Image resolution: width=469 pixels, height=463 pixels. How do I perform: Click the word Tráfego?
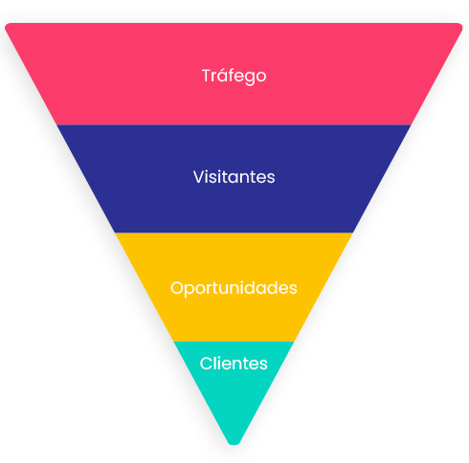234,77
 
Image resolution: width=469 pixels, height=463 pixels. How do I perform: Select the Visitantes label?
234,177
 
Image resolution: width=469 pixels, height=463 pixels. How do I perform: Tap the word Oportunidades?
234,288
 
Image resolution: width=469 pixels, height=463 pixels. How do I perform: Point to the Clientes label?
234,364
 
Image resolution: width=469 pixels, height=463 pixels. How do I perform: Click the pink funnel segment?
234,74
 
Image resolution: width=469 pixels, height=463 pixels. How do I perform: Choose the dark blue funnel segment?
234,179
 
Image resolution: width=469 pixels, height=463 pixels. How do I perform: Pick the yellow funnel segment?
234,287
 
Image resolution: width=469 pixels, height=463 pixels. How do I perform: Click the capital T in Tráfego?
208,76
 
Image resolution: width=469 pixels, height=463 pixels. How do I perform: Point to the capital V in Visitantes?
199,177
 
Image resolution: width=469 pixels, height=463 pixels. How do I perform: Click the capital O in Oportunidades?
177,288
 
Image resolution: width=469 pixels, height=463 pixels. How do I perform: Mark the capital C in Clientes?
207,364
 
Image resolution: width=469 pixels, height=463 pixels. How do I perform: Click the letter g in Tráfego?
249,78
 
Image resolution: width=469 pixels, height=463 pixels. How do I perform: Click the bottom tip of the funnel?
234,444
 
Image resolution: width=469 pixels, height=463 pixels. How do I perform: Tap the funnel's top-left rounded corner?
7,26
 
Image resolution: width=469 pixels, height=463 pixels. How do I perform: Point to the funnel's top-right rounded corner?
460,26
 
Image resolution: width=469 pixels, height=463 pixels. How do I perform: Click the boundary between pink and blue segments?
234,125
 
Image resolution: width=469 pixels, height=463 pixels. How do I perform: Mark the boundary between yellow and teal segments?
234,342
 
